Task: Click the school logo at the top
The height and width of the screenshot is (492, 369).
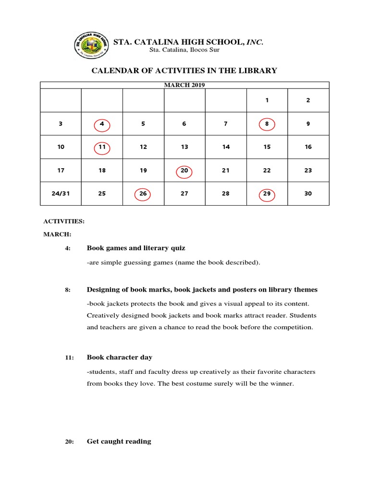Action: [x=91, y=46]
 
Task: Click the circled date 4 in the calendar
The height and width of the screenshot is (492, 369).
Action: [x=102, y=124]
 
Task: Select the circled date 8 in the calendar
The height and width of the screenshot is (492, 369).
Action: [x=267, y=124]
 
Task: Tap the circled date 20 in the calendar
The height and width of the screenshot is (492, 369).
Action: [x=184, y=171]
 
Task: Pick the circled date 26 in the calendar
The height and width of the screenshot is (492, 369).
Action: [x=143, y=194]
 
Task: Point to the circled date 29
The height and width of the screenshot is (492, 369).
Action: [x=267, y=194]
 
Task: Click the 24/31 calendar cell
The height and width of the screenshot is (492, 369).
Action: [x=61, y=194]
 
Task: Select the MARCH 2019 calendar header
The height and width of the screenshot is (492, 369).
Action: [x=184, y=85]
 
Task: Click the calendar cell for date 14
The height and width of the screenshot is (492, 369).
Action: [x=226, y=147]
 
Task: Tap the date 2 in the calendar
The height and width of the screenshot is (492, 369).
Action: [x=308, y=100]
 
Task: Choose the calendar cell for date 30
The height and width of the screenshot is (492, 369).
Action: [x=308, y=194]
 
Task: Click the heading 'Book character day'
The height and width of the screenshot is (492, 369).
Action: [x=119, y=357]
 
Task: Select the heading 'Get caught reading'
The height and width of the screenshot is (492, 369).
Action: [x=119, y=442]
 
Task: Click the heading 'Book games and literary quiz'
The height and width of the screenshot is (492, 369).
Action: [x=135, y=248]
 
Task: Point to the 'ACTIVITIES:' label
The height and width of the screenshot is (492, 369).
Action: [x=64, y=221]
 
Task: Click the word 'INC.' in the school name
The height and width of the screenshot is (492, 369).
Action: [x=255, y=43]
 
